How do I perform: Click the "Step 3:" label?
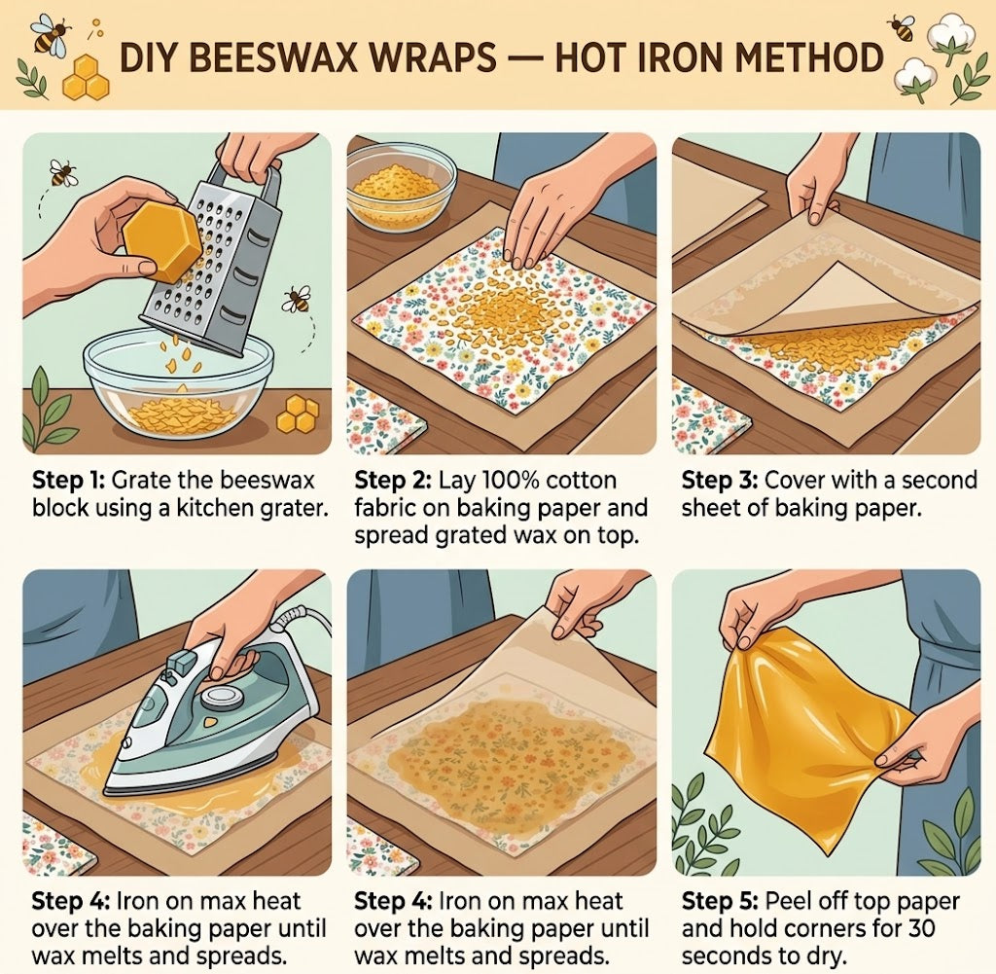point(719,481)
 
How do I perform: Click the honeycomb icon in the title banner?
point(87,78)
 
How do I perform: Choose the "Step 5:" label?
point(720,902)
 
